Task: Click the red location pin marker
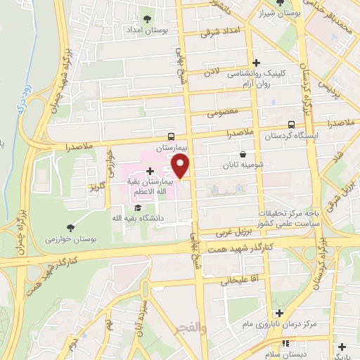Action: click(x=181, y=167)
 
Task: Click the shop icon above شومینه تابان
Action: click(x=243, y=154)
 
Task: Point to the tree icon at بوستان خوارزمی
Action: click(x=70, y=226)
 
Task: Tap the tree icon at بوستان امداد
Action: click(x=147, y=19)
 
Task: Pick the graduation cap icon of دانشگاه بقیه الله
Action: click(x=138, y=208)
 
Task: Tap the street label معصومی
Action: click(x=224, y=111)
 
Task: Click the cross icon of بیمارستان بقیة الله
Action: click(x=150, y=170)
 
